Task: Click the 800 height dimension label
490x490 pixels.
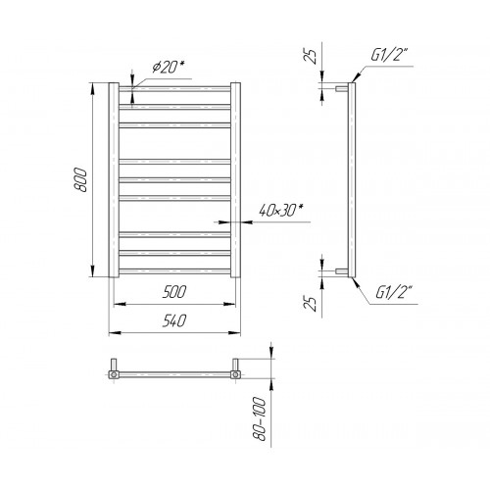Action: click(x=80, y=180)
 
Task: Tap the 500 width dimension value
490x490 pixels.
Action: click(x=174, y=292)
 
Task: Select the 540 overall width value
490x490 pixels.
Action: click(x=174, y=320)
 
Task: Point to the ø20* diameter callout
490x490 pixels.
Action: click(x=168, y=67)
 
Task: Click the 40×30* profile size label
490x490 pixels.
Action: click(x=279, y=210)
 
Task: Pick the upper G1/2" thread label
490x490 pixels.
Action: click(x=389, y=55)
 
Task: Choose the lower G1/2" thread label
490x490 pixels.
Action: click(x=394, y=292)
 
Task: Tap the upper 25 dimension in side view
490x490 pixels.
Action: click(x=313, y=56)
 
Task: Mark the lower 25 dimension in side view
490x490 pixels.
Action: click(x=313, y=304)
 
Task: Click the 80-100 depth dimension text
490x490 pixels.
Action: click(x=261, y=418)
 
